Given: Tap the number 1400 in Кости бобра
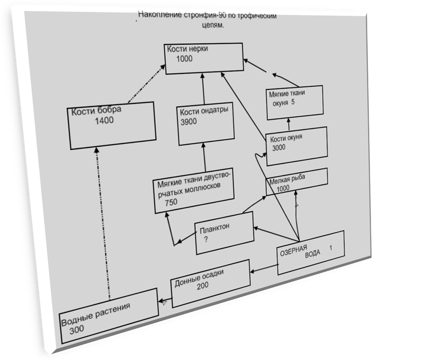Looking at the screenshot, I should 104,121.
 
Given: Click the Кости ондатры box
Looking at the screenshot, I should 204,126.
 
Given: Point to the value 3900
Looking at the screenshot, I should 188,122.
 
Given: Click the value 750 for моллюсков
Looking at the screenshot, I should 171,202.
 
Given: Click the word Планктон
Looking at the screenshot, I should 214,228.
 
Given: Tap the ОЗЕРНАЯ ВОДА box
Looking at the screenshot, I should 309,252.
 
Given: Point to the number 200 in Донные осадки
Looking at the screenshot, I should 202,286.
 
